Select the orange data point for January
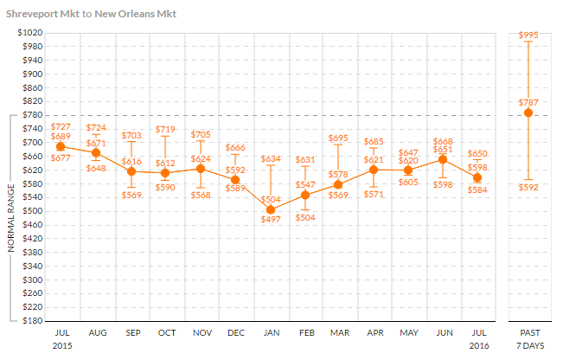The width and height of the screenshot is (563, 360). coord(270,209)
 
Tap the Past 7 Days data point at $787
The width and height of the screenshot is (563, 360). coord(528,112)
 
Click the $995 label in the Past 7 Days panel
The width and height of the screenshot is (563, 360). coord(528,35)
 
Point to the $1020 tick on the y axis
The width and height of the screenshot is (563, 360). coord(30,33)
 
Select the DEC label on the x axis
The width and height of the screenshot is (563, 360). coord(235,332)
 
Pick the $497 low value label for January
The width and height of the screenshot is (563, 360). coord(270,221)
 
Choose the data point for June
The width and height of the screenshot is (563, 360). coord(443,159)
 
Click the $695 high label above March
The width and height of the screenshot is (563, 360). coord(339,138)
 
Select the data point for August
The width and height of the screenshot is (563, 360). coord(96,152)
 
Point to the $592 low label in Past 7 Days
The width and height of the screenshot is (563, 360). coord(528,186)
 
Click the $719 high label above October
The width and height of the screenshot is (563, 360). coord(166,130)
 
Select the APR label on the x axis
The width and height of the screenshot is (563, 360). coord(374,332)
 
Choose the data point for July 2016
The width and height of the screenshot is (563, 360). coord(477,177)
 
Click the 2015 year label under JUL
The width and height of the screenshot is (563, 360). coord(62,344)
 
